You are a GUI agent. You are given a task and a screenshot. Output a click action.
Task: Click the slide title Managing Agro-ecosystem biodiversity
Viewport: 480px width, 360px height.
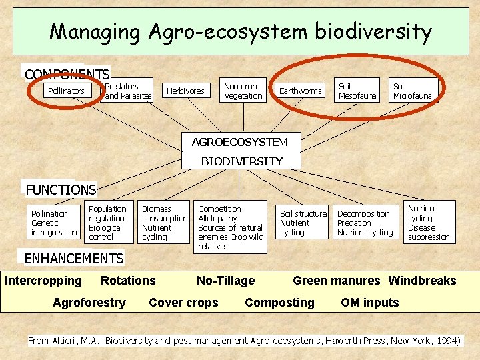241,31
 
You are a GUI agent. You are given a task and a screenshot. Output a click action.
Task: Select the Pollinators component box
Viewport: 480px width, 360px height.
66,91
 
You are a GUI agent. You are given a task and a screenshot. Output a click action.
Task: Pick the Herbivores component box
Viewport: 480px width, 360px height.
185,91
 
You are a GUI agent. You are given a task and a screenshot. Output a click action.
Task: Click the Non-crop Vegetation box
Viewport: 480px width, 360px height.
243,91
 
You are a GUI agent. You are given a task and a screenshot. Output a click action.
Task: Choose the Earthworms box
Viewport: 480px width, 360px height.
300,91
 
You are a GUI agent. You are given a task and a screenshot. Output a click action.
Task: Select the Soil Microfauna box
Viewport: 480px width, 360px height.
413,91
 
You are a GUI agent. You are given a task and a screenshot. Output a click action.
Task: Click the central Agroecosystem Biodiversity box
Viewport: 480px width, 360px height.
241,151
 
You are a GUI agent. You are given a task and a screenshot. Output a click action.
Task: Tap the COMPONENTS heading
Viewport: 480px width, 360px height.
67,74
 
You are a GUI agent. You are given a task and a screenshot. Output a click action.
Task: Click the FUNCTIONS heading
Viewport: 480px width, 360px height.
61,190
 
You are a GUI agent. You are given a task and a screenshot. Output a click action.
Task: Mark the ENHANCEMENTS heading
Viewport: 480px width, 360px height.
73,258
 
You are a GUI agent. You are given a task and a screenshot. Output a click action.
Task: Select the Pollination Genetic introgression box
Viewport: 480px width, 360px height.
54,223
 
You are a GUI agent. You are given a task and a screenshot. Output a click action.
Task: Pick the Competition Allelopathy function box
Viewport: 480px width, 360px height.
231,227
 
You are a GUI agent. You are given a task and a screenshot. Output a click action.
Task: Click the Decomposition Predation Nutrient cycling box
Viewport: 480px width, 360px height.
365,223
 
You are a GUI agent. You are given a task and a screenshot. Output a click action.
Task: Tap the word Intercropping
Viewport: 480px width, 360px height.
43,281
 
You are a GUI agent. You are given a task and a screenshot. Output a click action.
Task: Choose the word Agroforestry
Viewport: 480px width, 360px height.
89,303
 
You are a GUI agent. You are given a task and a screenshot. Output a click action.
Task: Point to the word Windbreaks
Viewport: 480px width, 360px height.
422,281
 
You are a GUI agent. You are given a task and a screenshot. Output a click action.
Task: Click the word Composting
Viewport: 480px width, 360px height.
279,303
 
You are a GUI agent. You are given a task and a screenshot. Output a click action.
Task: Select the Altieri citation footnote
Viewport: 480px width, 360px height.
244,341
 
